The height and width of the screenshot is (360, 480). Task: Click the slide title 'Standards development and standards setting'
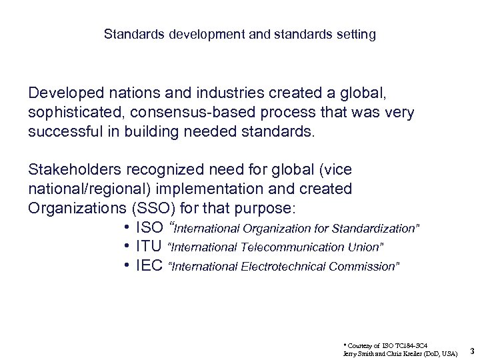coord(240,33)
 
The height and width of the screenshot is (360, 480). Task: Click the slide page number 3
coord(471,350)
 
